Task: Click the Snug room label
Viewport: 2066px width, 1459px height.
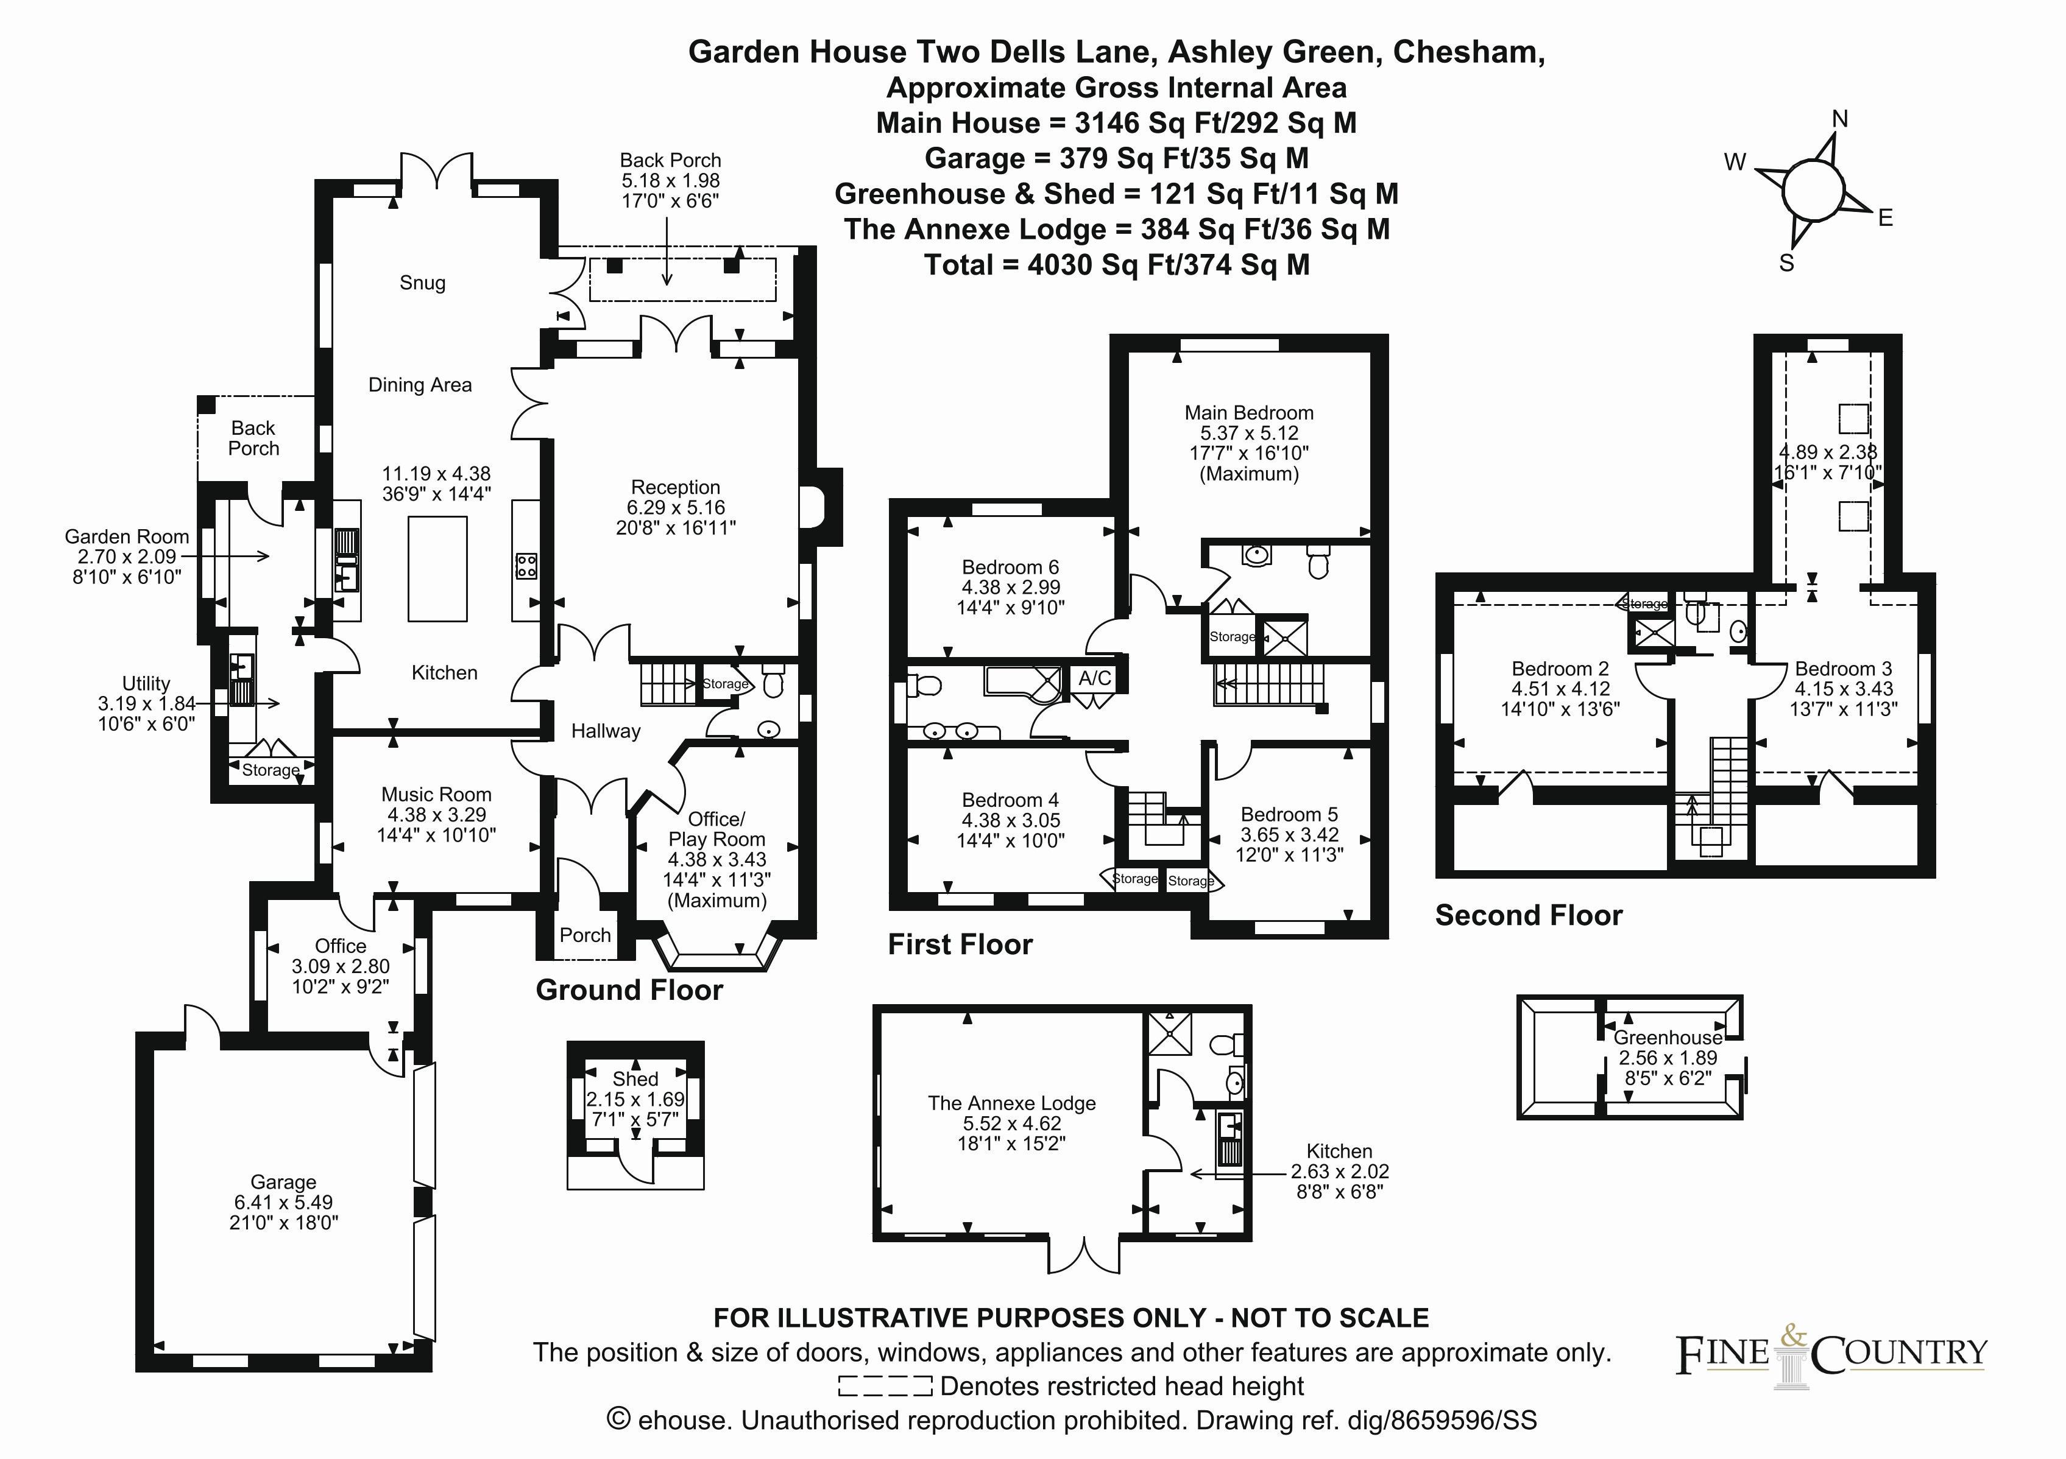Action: (422, 283)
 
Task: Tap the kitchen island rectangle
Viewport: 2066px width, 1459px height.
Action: (437, 569)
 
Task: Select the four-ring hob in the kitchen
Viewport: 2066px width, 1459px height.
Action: (526, 566)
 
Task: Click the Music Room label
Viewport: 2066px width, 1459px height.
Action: (436, 794)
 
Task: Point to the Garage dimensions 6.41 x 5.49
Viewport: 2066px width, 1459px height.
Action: (283, 1202)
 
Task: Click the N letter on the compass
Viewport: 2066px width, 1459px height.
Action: (1840, 119)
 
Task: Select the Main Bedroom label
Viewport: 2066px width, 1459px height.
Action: (1249, 413)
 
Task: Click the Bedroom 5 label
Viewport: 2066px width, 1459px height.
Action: (1289, 814)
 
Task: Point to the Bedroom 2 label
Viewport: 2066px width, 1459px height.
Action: (1560, 669)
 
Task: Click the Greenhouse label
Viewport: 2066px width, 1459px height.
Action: (1668, 1037)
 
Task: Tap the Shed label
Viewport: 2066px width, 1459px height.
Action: (635, 1078)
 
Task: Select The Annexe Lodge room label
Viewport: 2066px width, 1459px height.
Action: (1013, 1103)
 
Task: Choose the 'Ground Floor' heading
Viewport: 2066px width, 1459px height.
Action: (629, 990)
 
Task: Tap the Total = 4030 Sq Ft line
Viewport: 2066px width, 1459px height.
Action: (1117, 264)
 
